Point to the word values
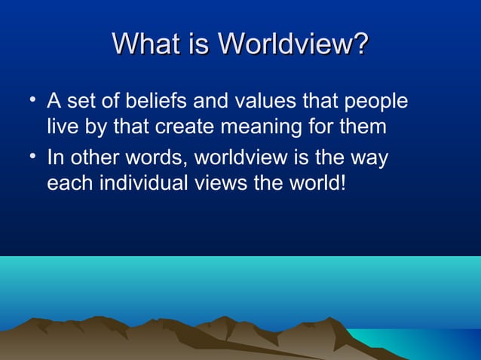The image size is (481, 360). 264,101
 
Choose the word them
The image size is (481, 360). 363,127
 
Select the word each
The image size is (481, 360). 66,183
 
